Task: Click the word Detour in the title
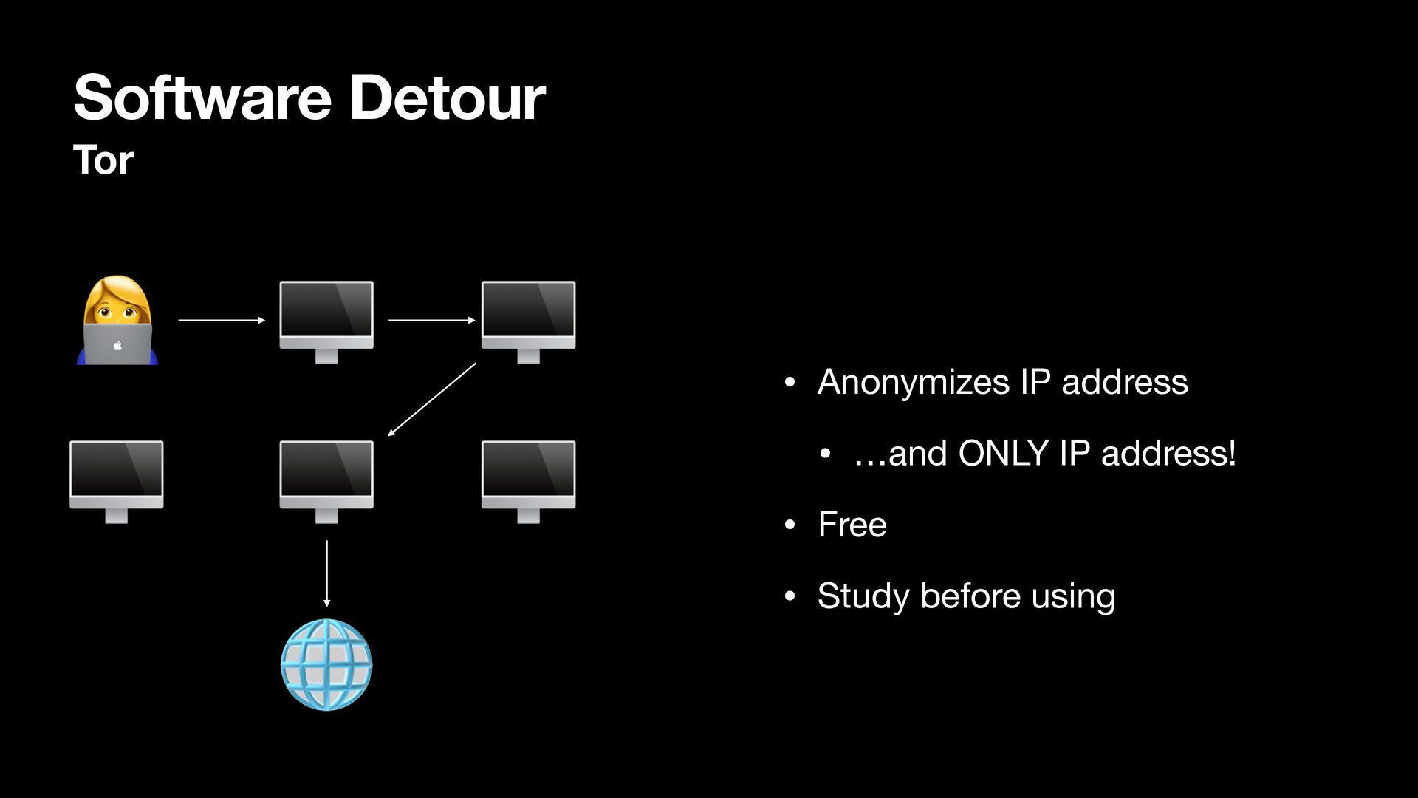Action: [447, 98]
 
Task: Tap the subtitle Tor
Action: [103, 160]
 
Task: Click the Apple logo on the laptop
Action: [117, 345]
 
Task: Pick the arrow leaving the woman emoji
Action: [221, 321]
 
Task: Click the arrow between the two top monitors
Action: [431, 321]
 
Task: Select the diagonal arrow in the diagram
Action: [432, 399]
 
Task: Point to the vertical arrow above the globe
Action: [326, 573]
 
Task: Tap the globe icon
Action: [326, 665]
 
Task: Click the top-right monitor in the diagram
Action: [528, 321]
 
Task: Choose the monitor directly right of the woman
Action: [326, 321]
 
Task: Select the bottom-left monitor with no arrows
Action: [117, 481]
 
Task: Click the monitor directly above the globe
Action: [326, 481]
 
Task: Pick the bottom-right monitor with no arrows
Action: [528, 481]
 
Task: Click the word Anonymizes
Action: [913, 382]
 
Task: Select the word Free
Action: [852, 525]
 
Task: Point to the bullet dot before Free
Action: [790, 525]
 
